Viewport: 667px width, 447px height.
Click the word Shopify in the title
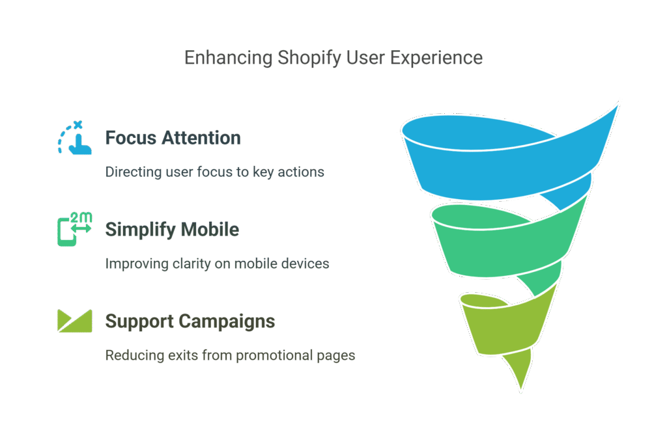coord(309,59)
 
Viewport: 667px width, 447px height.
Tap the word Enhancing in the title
coord(229,58)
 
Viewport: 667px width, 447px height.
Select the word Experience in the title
coord(436,59)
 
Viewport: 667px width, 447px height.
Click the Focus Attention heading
coord(173,138)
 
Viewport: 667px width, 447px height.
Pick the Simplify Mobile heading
coord(172,230)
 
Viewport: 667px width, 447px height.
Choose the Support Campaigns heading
coord(190,321)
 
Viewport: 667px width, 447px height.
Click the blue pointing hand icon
coord(75,138)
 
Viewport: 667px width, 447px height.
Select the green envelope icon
coord(75,321)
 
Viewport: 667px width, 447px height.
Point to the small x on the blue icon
coord(78,125)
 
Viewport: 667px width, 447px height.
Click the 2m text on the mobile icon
coord(81,217)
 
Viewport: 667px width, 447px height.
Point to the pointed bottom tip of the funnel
coord(521,389)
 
